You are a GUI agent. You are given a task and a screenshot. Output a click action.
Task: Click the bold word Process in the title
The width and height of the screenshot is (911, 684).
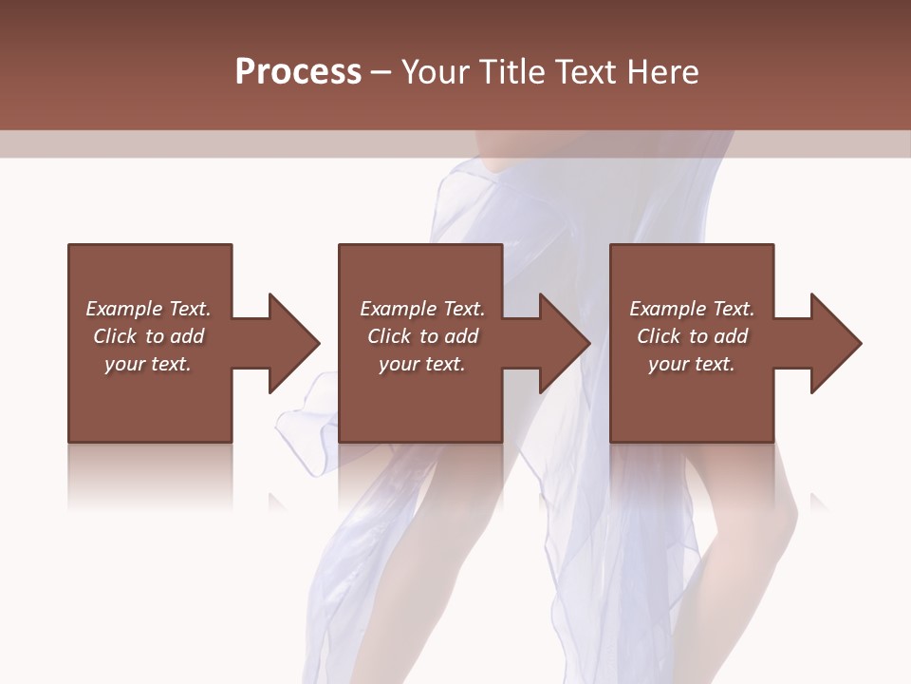[298, 72]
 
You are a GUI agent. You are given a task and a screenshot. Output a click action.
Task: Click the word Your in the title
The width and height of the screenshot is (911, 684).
[437, 72]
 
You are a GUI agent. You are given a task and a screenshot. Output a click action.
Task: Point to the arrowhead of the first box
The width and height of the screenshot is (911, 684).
[294, 343]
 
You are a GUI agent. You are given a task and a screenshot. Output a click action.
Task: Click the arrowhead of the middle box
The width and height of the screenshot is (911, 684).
[566, 343]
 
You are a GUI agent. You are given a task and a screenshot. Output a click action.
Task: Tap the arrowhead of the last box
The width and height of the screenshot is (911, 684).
[836, 343]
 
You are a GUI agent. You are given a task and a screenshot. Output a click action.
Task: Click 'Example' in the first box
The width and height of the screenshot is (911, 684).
[124, 309]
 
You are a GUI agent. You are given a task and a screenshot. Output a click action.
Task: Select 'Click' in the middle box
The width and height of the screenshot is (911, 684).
[388, 336]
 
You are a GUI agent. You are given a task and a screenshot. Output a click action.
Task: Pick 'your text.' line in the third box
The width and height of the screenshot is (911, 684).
[692, 364]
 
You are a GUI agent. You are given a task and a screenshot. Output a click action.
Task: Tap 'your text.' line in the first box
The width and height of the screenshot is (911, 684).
[148, 364]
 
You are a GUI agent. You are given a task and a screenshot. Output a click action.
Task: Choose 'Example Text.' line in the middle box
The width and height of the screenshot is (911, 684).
[422, 309]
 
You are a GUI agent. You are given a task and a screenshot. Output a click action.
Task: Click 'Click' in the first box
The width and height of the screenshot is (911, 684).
[114, 336]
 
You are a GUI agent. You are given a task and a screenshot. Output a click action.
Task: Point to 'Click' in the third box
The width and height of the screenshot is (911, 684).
[658, 336]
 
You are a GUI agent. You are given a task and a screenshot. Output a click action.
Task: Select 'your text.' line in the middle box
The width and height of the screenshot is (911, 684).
[422, 364]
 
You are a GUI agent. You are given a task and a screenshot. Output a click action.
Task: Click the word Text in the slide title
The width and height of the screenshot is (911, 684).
[586, 72]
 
